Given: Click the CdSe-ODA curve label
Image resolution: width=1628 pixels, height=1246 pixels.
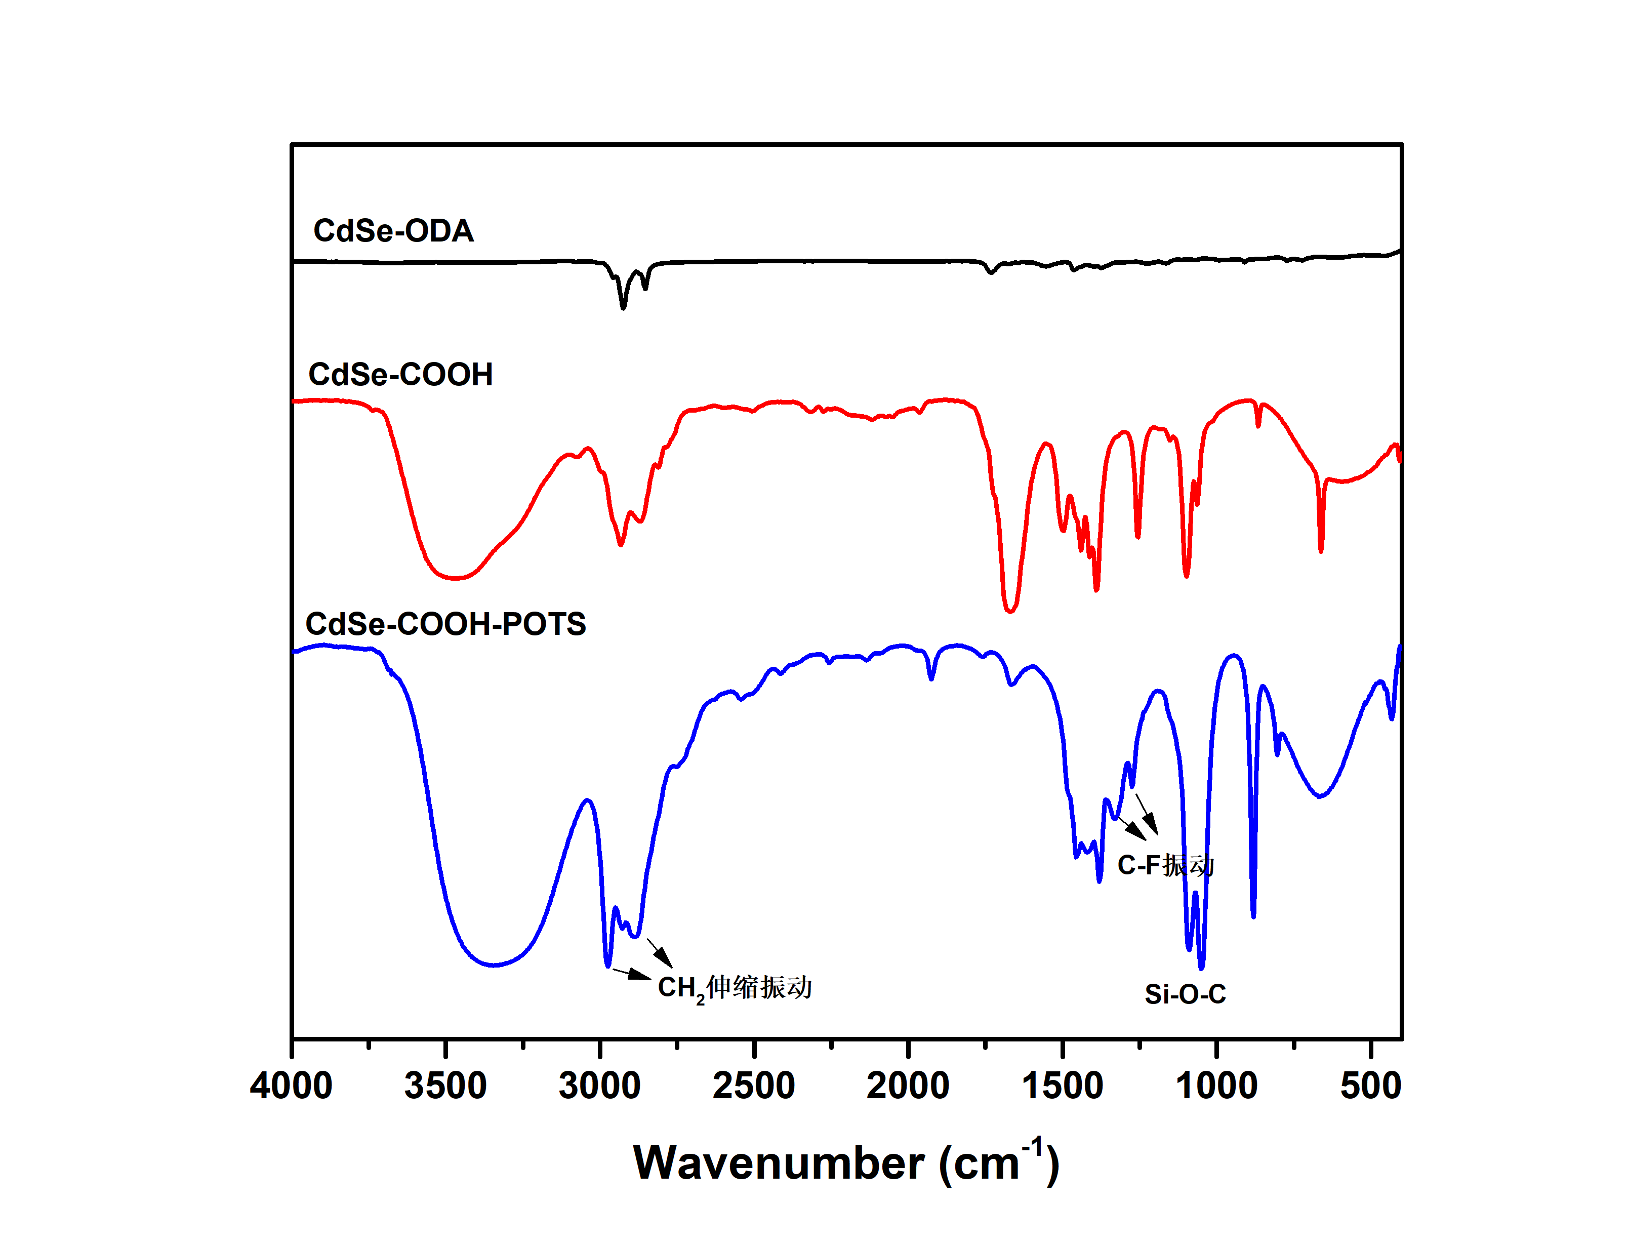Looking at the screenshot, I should [x=393, y=231].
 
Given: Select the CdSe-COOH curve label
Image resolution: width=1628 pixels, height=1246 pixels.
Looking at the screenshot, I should [x=400, y=375].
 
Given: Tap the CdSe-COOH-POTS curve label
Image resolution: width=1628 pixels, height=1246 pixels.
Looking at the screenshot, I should [x=445, y=624].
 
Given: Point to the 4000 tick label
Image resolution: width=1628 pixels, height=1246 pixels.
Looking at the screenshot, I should [x=292, y=1086].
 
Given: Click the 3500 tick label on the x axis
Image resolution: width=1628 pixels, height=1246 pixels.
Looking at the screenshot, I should [x=445, y=1086].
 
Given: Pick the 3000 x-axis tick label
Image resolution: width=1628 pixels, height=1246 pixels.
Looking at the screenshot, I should [x=600, y=1086].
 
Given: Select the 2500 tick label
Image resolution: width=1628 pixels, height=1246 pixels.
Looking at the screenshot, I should [x=754, y=1086].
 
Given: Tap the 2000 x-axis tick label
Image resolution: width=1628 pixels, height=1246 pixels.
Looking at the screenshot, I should [x=908, y=1086].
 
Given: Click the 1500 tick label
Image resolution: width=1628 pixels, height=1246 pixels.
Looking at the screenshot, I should [x=1063, y=1086].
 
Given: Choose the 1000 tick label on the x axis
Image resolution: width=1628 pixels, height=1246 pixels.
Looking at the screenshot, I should [x=1216, y=1086].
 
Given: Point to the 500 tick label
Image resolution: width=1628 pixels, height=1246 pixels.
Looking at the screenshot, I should [x=1371, y=1086].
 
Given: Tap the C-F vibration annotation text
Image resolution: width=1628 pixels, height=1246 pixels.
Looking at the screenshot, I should [x=1165, y=865].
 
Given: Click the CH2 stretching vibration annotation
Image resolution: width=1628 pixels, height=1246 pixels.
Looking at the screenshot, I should [x=735, y=988].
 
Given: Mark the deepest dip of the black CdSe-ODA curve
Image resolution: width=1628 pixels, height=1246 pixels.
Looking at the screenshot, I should [x=624, y=306].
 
